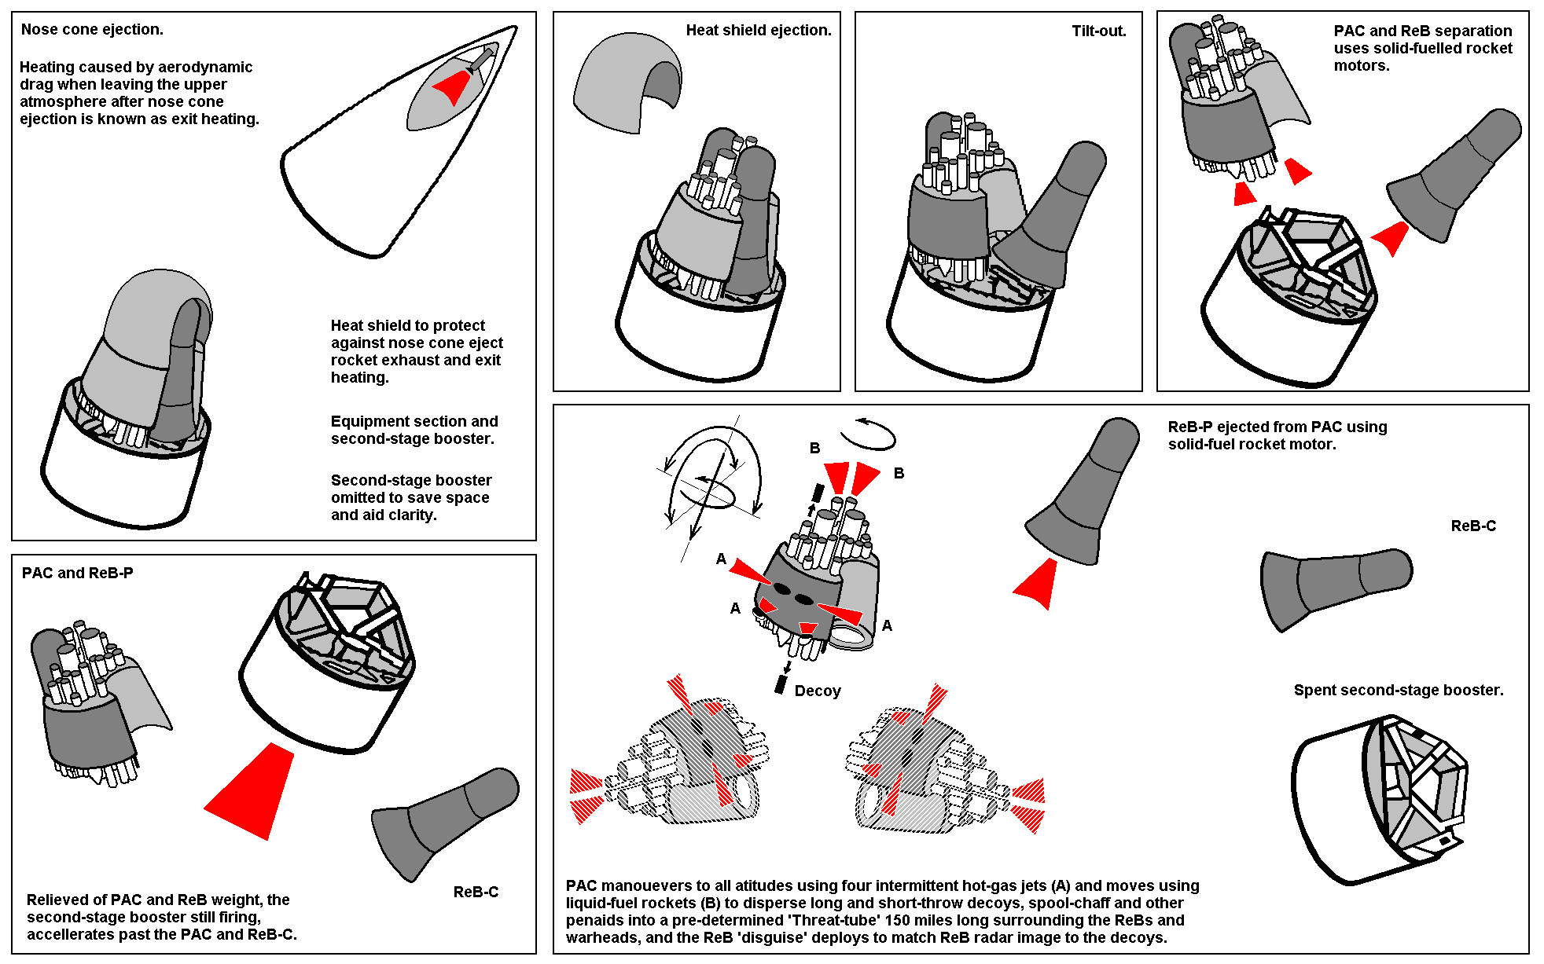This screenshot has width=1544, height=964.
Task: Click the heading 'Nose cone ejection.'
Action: (92, 30)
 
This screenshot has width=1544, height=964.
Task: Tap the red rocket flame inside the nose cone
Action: (453, 86)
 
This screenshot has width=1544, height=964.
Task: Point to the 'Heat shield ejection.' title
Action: (758, 31)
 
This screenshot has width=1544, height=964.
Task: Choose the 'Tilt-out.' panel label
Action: (1098, 31)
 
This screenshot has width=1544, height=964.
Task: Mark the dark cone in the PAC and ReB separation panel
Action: (1454, 177)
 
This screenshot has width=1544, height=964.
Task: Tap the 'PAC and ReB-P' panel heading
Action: (77, 574)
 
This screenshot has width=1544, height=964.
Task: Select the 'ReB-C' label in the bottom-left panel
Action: (476, 893)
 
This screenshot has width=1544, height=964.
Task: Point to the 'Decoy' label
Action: (818, 691)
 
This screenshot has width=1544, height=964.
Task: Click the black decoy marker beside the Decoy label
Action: (781, 684)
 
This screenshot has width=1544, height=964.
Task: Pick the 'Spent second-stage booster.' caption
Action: (1398, 691)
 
